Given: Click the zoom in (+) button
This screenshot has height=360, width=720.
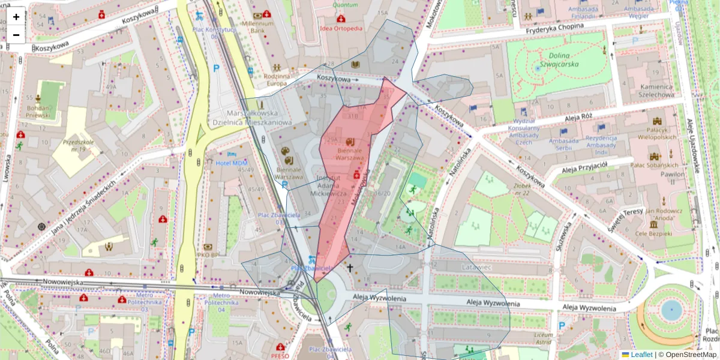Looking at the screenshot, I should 16,17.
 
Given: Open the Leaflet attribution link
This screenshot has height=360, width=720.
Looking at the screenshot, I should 641,355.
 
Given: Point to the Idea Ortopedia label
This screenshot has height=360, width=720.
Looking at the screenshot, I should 341,28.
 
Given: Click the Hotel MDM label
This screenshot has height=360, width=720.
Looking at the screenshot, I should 231,163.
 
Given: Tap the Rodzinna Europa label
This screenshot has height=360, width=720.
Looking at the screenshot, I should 277,80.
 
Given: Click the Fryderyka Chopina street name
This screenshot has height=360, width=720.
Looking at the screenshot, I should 554,27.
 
